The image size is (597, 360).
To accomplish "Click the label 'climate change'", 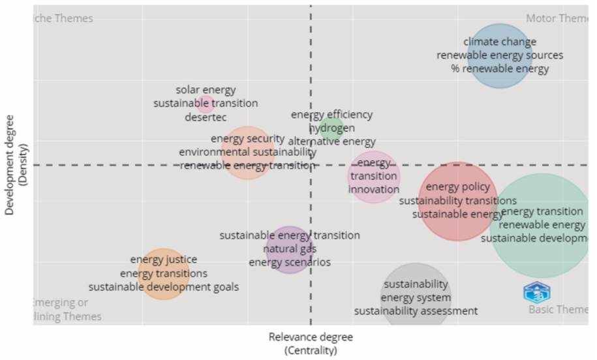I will click(x=500, y=42).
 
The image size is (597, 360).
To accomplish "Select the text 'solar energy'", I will click(x=206, y=90).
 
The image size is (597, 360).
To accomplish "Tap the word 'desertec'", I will click(x=206, y=117).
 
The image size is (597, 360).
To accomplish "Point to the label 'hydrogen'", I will click(x=331, y=128).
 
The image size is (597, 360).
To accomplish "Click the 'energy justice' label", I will click(x=163, y=260).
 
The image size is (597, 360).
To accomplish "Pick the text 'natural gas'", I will click(x=290, y=248).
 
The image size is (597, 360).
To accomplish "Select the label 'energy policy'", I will click(x=457, y=187).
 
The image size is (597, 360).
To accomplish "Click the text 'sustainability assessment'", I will click(x=416, y=311).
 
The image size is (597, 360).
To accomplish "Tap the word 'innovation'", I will click(x=373, y=189).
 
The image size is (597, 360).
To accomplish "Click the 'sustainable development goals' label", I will click(x=164, y=287).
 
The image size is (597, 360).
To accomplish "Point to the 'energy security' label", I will click(x=247, y=138).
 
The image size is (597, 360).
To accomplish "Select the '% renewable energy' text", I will click(x=500, y=68).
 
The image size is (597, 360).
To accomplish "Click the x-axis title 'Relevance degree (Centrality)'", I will click(x=311, y=344).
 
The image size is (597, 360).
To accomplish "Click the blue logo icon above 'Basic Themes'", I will click(x=537, y=292).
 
